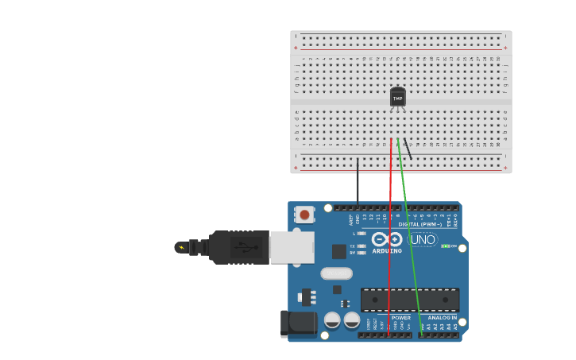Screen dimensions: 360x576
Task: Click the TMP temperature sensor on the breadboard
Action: click(x=398, y=97)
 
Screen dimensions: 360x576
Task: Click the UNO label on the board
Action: click(x=423, y=239)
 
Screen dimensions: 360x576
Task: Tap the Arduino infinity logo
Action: click(x=387, y=239)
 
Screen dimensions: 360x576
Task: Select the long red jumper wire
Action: click(x=390, y=238)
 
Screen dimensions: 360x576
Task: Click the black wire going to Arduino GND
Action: click(x=358, y=183)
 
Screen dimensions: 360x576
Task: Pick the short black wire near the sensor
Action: click(x=408, y=149)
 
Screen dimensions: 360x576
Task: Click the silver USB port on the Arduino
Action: click(x=292, y=247)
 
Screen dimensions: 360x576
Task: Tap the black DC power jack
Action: click(x=298, y=323)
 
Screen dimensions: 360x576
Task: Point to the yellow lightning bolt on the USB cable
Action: click(x=182, y=247)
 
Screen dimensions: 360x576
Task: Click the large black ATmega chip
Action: click(x=410, y=300)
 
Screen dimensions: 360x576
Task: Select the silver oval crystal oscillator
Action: click(x=336, y=273)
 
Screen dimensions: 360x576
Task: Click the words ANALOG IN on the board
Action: click(x=443, y=317)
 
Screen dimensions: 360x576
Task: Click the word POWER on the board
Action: click(x=401, y=317)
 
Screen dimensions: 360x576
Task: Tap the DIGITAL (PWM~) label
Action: click(x=420, y=224)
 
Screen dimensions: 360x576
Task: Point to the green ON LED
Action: click(x=446, y=246)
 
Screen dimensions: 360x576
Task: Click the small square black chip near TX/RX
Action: click(x=339, y=251)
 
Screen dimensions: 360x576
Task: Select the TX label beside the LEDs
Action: click(x=352, y=246)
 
